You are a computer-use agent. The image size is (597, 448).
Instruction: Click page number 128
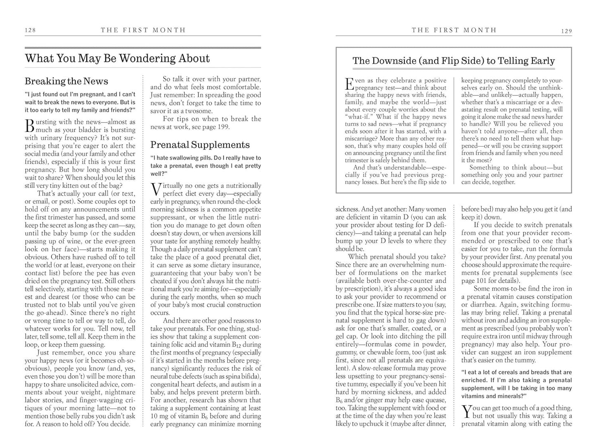point(30,30)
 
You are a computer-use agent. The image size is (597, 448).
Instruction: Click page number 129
point(566,31)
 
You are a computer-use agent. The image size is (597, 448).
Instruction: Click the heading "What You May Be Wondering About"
point(117,58)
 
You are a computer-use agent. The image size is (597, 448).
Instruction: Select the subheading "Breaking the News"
point(66,81)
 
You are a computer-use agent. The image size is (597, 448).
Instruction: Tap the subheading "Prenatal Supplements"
point(200,145)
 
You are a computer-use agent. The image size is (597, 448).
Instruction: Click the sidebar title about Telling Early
point(453,61)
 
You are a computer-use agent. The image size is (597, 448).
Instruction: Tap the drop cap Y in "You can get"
point(466,411)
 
